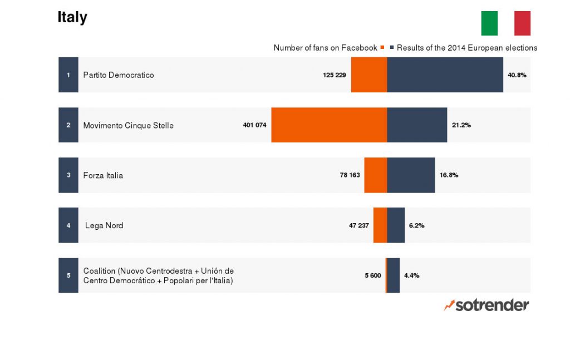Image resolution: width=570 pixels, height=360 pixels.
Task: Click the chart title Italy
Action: click(72, 17)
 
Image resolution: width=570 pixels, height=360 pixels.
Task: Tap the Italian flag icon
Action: click(505, 23)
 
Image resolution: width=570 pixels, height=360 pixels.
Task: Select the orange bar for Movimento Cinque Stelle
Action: click(329, 125)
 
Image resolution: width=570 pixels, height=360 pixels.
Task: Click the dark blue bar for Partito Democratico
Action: click(445, 75)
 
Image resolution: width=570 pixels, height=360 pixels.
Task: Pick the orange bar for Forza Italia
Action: click(376, 175)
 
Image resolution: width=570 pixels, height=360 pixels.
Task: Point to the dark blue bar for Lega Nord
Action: click(396, 225)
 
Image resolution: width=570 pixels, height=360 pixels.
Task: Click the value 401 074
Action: click(255, 125)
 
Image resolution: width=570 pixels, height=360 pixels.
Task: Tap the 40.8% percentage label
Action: click(517, 75)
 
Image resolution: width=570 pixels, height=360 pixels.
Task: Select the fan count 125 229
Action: click(335, 75)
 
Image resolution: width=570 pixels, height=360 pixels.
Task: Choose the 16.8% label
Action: click(449, 175)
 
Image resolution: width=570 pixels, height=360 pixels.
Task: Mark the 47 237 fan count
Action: click(359, 225)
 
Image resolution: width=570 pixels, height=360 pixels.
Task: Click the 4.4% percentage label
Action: click(411, 275)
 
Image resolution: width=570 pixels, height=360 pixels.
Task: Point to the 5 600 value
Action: click(373, 275)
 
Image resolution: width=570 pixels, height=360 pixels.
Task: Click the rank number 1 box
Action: click(68, 75)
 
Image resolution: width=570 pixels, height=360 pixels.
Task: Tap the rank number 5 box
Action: click(68, 275)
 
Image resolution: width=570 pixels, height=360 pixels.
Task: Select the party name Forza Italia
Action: click(103, 175)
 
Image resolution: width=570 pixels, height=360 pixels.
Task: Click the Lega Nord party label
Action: click(104, 225)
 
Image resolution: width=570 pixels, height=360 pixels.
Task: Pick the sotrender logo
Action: click(487, 305)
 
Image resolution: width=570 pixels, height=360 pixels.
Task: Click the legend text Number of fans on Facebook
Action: click(325, 48)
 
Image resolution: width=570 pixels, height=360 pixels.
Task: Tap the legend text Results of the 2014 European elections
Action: click(466, 48)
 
